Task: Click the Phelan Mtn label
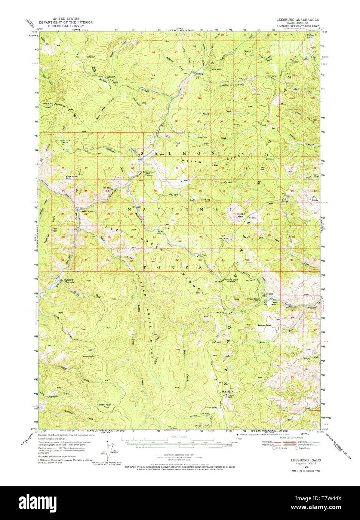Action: [x=240, y=215]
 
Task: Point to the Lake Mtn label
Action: [x=226, y=392]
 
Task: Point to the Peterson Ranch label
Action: [x=264, y=325]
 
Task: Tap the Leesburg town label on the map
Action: [x=199, y=74]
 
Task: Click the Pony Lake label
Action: [x=202, y=138]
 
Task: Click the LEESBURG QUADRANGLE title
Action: [x=298, y=19]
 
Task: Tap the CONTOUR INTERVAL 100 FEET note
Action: [x=180, y=455]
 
